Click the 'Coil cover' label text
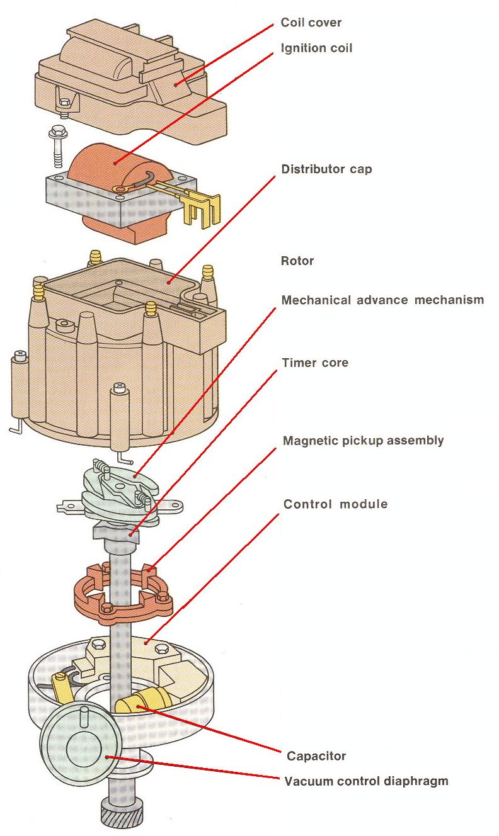tap(311, 23)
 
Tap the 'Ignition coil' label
tap(316, 48)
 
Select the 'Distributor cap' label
tap(327, 169)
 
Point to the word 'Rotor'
tap(297, 261)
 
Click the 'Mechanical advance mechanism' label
tap(383, 300)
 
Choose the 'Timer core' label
tap(315, 363)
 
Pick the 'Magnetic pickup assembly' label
tap(364, 441)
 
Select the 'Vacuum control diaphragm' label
tap(367, 781)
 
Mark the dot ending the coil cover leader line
tap(176, 85)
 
